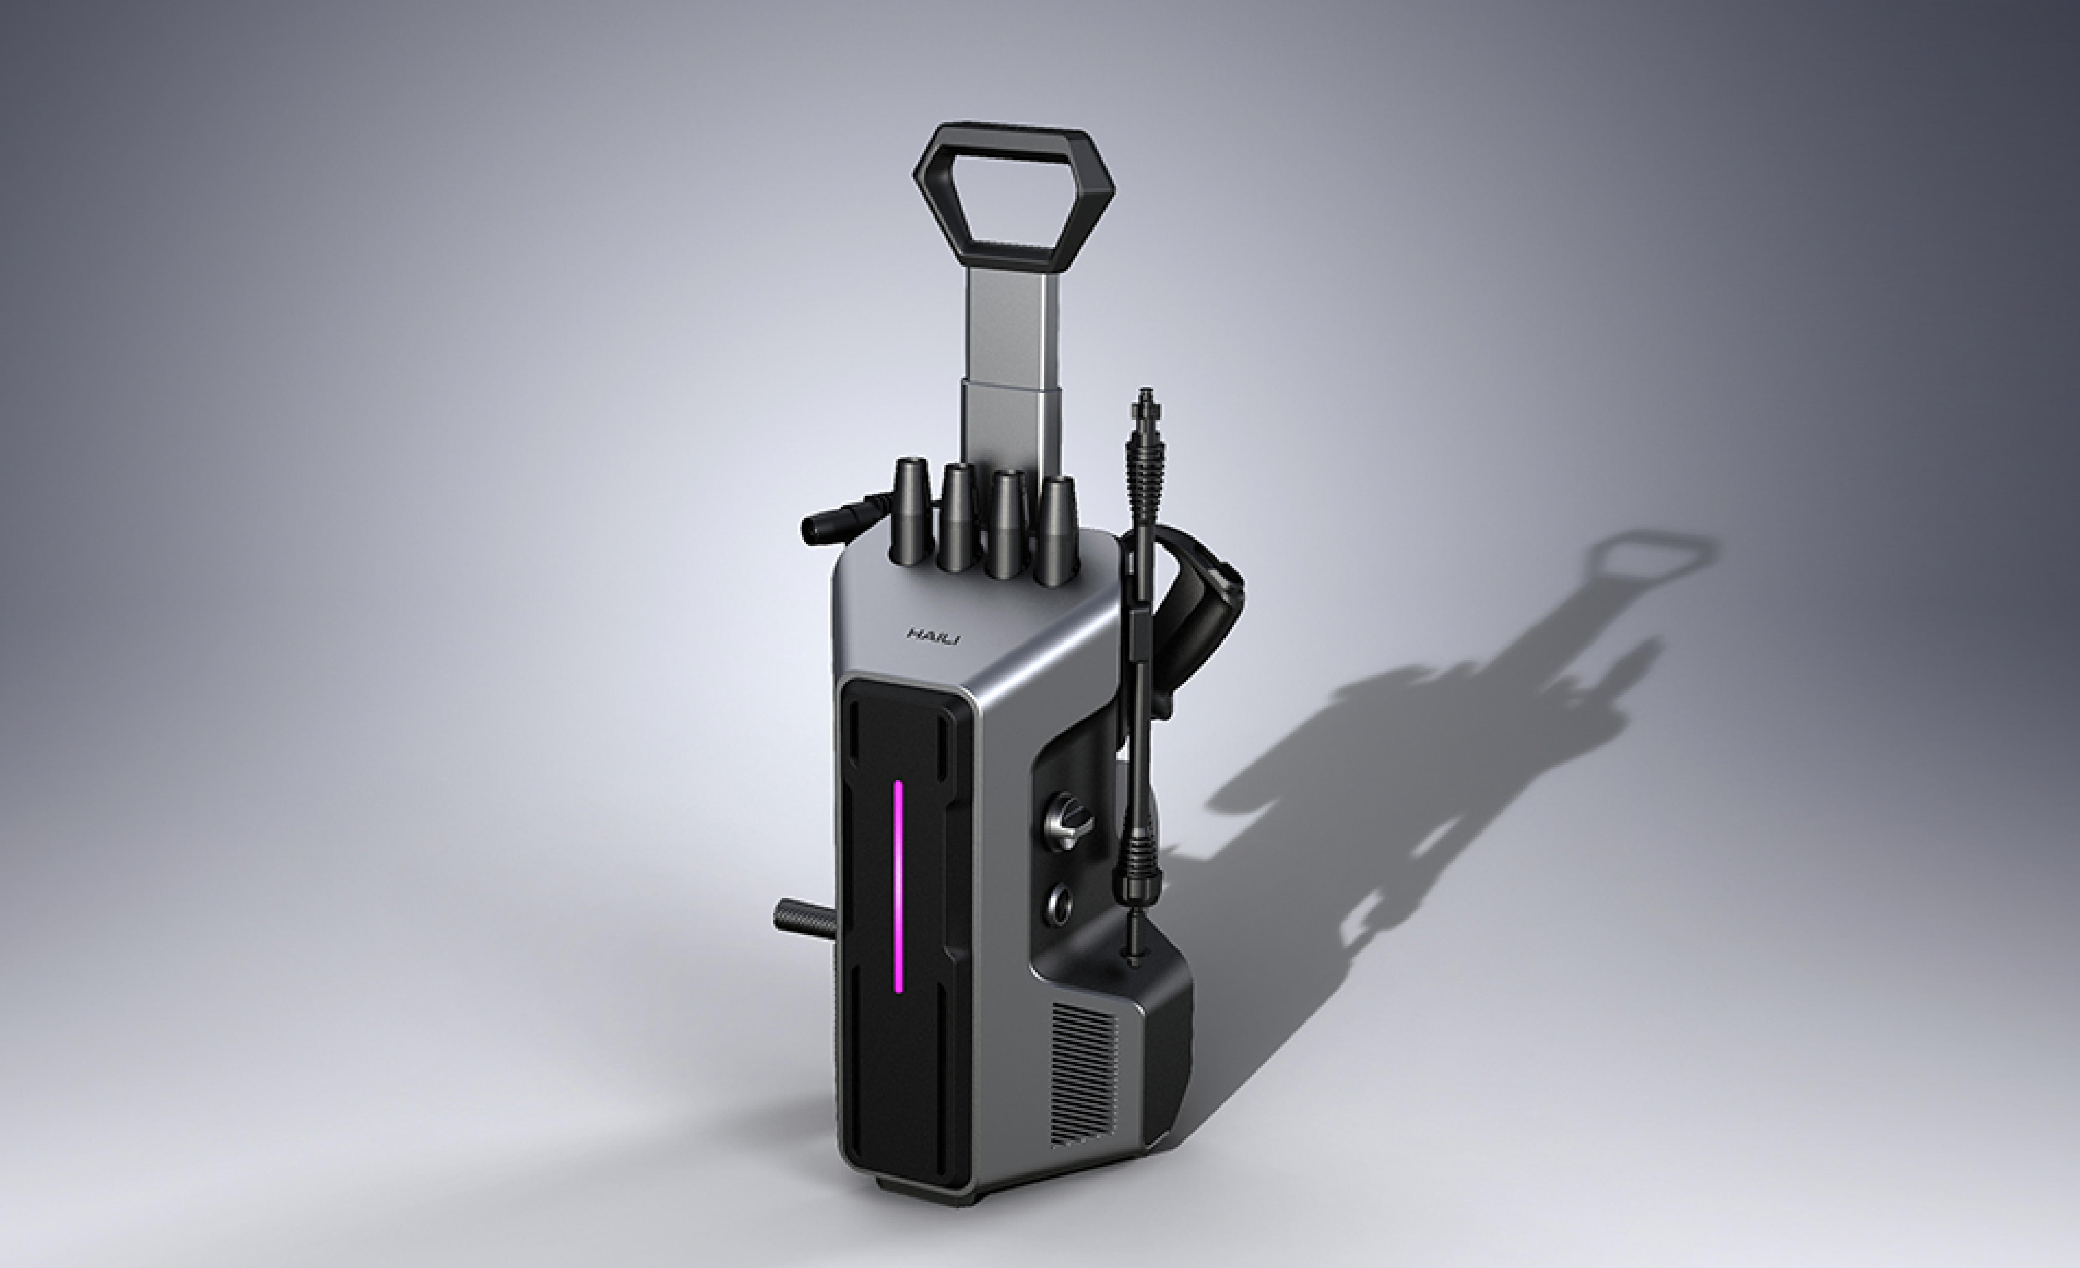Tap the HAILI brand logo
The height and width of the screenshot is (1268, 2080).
tap(933, 636)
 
